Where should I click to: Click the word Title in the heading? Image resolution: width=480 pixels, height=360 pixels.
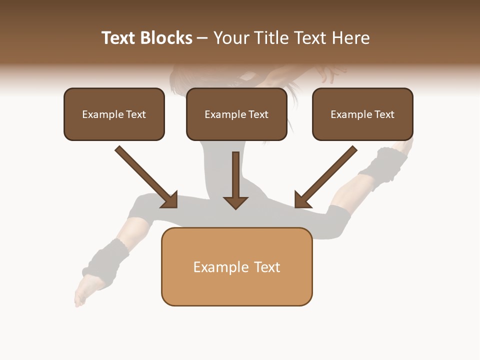[x=271, y=38]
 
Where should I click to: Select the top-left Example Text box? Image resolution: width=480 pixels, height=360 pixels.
[x=114, y=114]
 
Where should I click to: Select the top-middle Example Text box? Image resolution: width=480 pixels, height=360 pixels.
[x=236, y=114]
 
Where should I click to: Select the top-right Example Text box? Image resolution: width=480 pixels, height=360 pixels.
[x=362, y=114]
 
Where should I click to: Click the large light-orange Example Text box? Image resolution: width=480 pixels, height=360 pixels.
[x=236, y=266]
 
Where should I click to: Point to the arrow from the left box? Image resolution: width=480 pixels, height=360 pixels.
[x=146, y=176]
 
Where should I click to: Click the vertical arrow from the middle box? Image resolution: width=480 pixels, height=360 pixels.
[x=235, y=180]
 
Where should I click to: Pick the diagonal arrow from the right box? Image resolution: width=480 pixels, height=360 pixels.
[x=326, y=176]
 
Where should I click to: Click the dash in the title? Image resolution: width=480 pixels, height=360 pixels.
[x=202, y=38]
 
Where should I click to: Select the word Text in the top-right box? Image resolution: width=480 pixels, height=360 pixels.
[x=384, y=114]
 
